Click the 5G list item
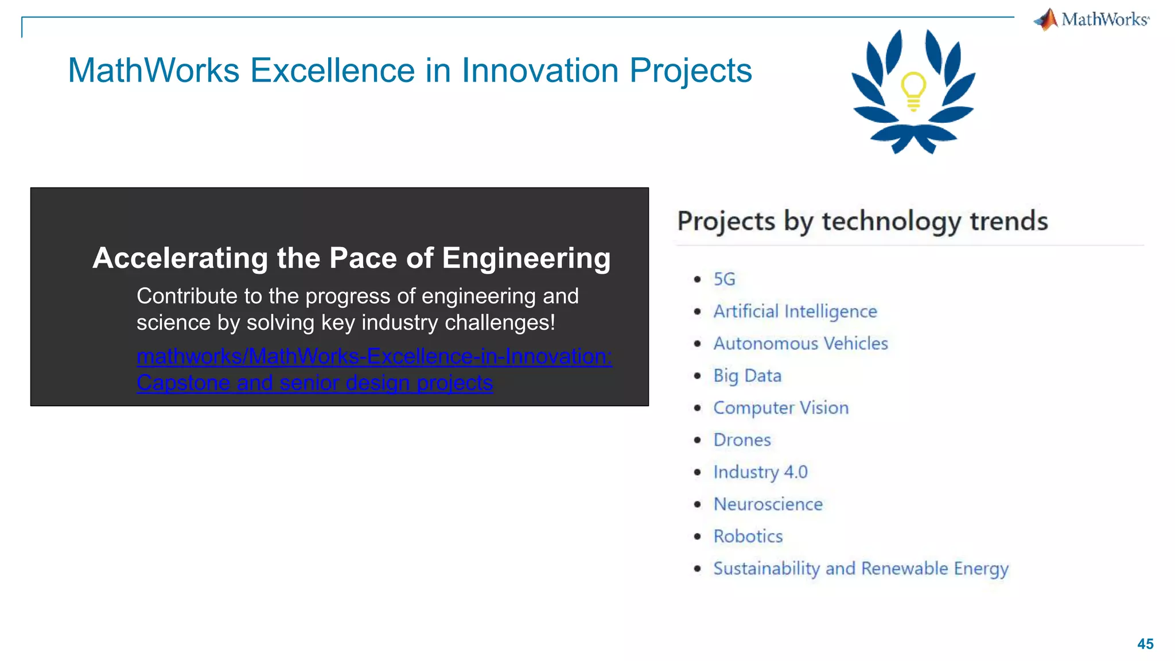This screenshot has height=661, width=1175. [x=724, y=279]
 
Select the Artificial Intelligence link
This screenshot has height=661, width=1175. [x=795, y=312]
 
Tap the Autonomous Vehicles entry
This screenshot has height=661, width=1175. [x=800, y=344]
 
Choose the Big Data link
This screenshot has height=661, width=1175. [x=747, y=376]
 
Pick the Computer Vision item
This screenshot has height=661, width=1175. [x=781, y=408]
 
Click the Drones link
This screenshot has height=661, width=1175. [x=742, y=440]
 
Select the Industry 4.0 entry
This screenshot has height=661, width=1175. [x=760, y=472]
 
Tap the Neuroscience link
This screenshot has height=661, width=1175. [x=768, y=504]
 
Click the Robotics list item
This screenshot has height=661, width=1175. [x=748, y=536]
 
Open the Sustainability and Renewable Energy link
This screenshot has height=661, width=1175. [x=861, y=569]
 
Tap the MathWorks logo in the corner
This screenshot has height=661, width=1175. [x=1092, y=20]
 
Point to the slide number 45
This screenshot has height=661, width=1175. [x=1145, y=644]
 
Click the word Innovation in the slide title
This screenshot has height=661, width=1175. [x=540, y=71]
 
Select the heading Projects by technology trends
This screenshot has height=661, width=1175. [x=862, y=221]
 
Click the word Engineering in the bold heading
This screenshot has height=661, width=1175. [x=526, y=258]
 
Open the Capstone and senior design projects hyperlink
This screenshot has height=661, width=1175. [x=314, y=383]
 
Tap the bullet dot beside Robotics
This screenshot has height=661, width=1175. [x=697, y=536]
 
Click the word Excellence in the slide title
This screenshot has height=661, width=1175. [x=332, y=71]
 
